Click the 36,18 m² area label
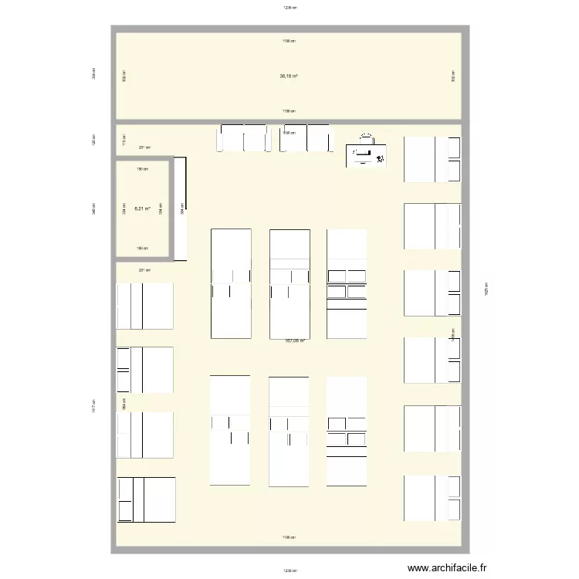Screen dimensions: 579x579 (289, 76)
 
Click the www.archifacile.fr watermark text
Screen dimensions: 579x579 (448, 568)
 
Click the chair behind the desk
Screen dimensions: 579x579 (367, 140)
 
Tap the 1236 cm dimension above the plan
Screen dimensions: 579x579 (289, 8)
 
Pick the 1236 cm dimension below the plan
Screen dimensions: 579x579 (289, 571)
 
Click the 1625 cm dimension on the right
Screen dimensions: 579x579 (486, 287)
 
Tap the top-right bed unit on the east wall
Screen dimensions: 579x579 (432, 159)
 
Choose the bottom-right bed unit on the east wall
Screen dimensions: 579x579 (432, 499)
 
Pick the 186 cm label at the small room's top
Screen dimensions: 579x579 (142, 168)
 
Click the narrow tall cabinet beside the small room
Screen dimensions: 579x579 (181, 208)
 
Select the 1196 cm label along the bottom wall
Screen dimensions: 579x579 (289, 537)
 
